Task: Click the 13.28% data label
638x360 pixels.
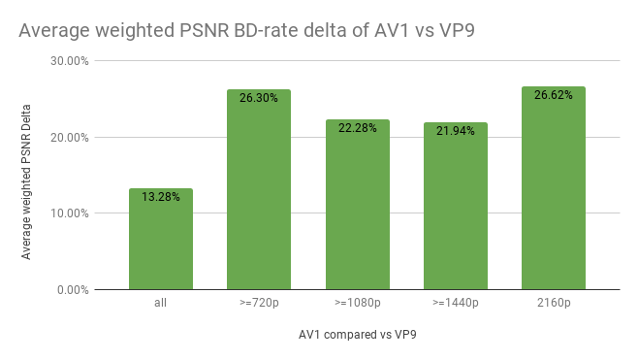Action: point(160,197)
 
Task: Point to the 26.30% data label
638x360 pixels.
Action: point(259,98)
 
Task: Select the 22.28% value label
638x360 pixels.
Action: point(357,128)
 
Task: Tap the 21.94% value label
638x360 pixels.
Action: point(455,131)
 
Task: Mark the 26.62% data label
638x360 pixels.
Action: point(553,95)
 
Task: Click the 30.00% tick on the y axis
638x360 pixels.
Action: point(71,61)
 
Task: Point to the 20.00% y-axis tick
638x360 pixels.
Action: point(71,137)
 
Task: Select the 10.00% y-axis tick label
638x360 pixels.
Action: point(71,213)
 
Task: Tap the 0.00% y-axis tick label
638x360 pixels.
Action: point(74,289)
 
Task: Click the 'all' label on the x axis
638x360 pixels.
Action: point(160,304)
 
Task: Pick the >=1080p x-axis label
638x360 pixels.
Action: point(357,304)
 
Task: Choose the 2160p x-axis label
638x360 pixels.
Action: point(553,304)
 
